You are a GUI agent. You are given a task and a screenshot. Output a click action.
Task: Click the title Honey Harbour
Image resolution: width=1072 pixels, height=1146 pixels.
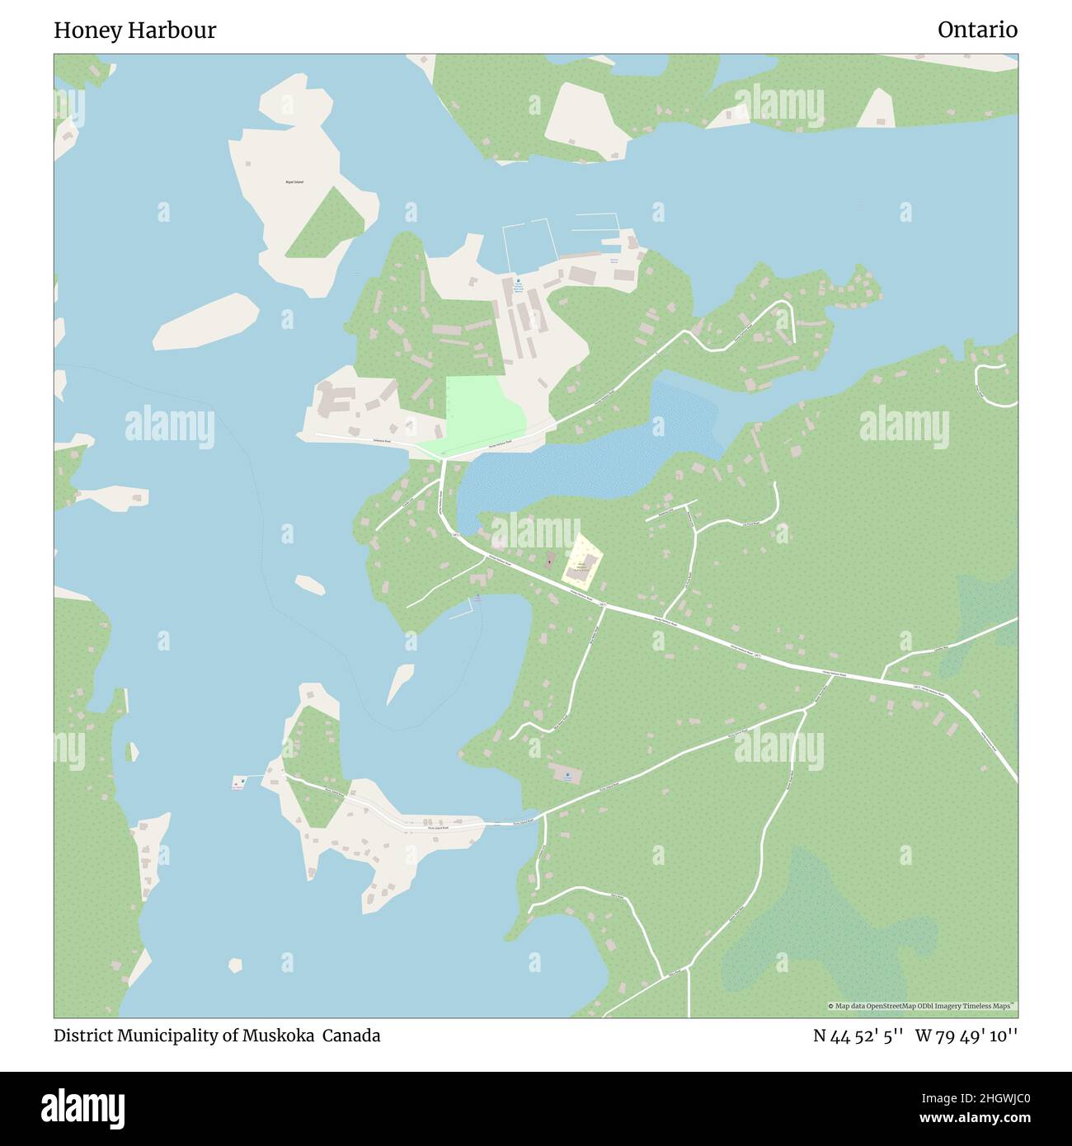[x=134, y=31]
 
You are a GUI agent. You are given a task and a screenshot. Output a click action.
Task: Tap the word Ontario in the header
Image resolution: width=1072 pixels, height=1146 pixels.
[x=977, y=30]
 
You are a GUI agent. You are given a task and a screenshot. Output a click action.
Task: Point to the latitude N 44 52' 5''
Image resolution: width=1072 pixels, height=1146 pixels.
[x=858, y=1036]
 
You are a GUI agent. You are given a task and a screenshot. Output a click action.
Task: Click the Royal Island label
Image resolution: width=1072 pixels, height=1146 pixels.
[x=294, y=181]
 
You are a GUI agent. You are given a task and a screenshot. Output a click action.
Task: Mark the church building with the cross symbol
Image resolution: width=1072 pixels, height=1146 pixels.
[x=550, y=561]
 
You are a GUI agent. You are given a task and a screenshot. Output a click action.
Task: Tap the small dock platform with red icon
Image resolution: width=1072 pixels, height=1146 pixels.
[x=239, y=782]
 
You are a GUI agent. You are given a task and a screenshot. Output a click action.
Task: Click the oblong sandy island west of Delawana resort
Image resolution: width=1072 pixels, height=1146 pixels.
[x=206, y=321]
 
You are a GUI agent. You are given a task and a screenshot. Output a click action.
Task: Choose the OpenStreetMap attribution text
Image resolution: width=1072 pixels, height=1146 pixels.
[x=922, y=1006]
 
